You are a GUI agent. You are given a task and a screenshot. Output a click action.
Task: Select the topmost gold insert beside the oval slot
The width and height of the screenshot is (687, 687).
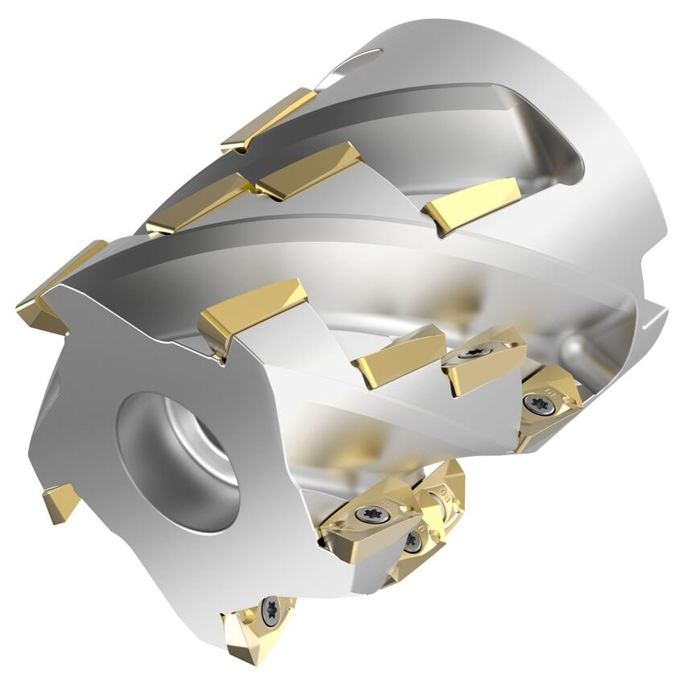tap(269, 119)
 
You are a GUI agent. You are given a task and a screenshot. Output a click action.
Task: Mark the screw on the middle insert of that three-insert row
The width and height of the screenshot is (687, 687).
tap(471, 354)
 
